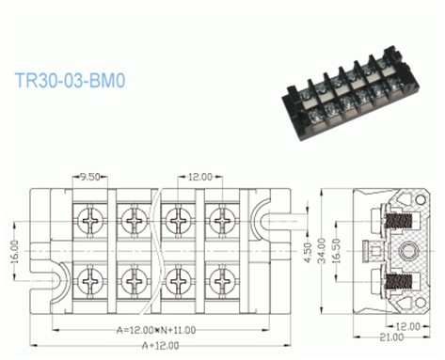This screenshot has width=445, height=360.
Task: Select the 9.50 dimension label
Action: point(90,176)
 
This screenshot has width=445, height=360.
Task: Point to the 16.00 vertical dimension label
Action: point(14,252)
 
